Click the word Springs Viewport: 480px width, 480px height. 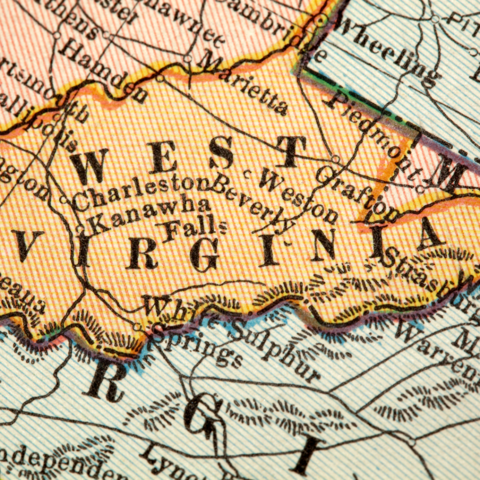[x=197, y=347]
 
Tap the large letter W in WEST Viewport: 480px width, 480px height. [x=89, y=166]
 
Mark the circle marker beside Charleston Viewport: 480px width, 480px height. [x=64, y=200]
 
